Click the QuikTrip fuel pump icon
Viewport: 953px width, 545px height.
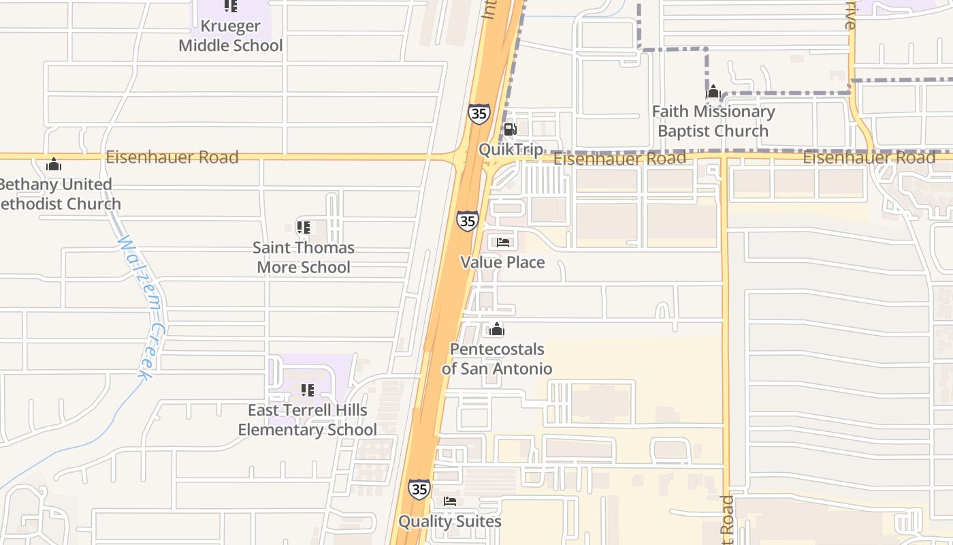tap(509, 129)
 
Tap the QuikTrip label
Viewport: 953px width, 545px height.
tap(511, 150)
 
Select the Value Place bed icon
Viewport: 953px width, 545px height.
tap(503, 242)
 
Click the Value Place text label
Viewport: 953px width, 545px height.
tap(502, 262)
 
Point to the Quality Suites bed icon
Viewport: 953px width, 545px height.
tap(450, 501)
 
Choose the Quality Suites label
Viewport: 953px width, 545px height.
tap(450, 522)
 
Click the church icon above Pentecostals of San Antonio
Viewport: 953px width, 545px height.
tap(497, 330)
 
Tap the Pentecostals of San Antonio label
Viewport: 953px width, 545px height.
tap(497, 359)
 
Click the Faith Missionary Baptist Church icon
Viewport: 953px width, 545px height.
tap(713, 91)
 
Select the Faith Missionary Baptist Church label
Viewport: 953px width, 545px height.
tap(713, 121)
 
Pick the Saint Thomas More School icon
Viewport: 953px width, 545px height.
tap(304, 227)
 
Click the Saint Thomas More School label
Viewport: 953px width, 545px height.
tap(304, 257)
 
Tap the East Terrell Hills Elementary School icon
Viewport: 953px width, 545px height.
tap(308, 390)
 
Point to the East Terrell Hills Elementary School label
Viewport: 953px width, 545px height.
tap(307, 420)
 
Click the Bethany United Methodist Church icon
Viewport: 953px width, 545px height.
tap(54, 164)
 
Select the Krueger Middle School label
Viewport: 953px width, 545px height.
tap(230, 36)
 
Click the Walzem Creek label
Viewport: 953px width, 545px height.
tap(140, 307)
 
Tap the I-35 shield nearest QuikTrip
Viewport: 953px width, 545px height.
tap(479, 113)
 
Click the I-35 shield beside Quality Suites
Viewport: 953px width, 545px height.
tap(419, 488)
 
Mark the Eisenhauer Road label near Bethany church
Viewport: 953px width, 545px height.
tap(172, 157)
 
